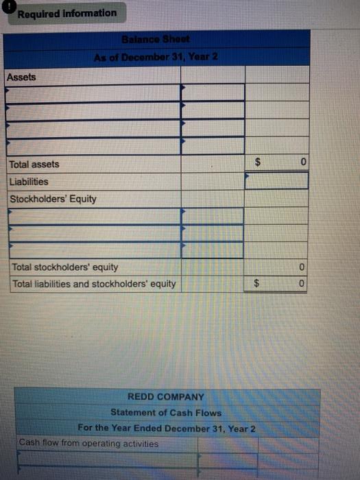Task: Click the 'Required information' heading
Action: (x=67, y=13)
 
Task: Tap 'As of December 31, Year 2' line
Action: (x=156, y=56)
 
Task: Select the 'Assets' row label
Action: (x=21, y=76)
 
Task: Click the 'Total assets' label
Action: (x=34, y=165)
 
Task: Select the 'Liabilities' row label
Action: (x=28, y=182)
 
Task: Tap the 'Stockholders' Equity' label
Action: (x=53, y=200)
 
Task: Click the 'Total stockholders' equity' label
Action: (x=65, y=267)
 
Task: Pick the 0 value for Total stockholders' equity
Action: (x=302, y=267)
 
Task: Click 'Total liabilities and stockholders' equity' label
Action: (x=94, y=284)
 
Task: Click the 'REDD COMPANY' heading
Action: (x=166, y=397)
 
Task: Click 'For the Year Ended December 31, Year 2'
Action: (x=167, y=429)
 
